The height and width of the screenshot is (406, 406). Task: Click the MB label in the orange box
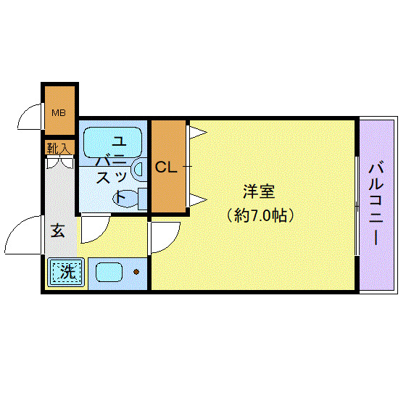coord(57,112)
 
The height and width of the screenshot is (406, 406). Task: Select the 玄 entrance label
coord(59,231)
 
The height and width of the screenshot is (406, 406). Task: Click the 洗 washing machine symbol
coord(66,273)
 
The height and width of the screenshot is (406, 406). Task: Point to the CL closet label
coord(166,167)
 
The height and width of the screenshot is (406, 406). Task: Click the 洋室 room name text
coord(259,192)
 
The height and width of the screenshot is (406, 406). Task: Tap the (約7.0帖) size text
coord(262,215)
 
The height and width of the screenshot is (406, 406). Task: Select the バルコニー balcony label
coord(376,204)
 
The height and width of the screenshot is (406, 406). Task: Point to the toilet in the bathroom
coord(124,197)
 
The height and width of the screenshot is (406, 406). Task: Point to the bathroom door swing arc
coord(94,228)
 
